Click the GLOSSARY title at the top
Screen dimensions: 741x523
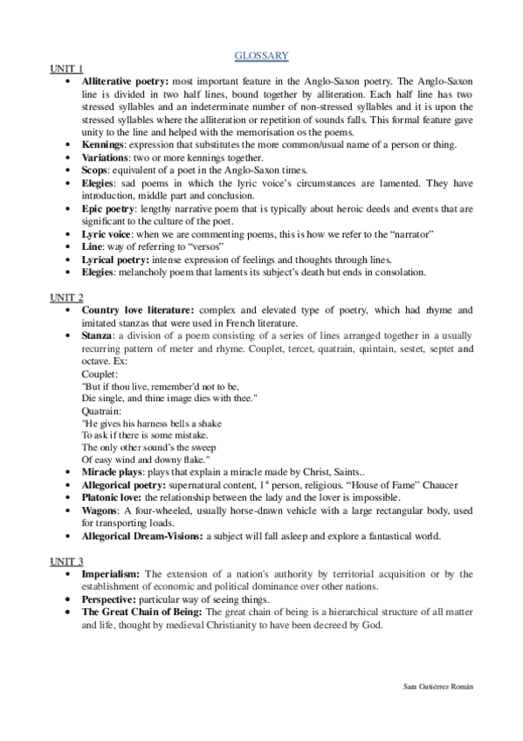coord(261,56)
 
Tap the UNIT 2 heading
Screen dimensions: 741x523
coord(66,298)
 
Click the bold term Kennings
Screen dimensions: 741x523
coord(102,144)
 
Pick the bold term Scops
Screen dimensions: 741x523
coord(96,170)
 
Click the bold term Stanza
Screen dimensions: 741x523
coord(98,335)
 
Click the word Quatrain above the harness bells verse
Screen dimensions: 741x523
coord(101,409)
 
